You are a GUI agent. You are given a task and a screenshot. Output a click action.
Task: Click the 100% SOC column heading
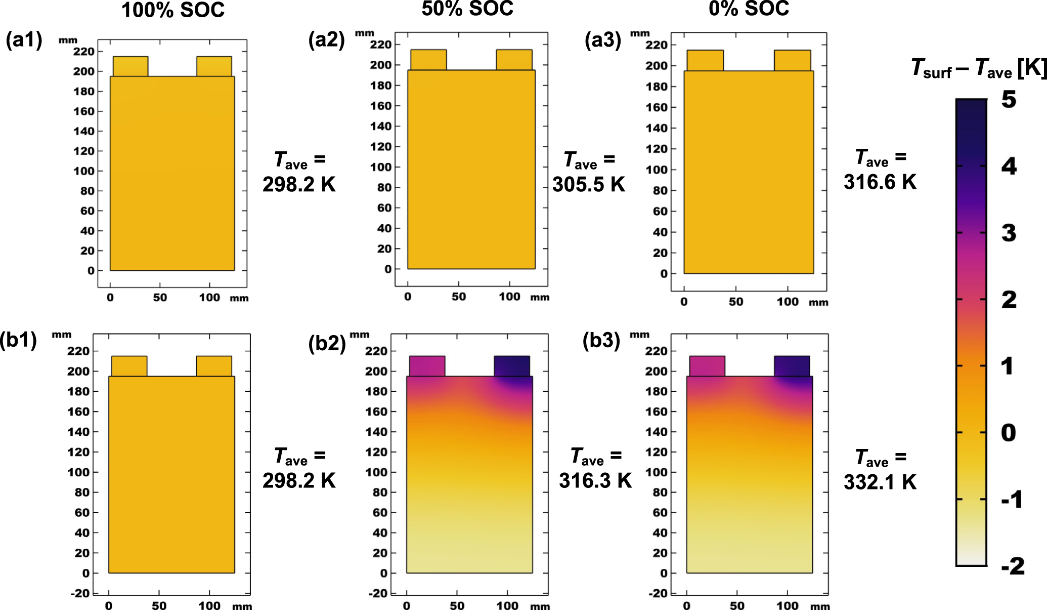173,10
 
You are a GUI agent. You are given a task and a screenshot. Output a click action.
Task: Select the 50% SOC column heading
467,9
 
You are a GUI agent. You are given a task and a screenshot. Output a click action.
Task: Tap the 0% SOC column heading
749,9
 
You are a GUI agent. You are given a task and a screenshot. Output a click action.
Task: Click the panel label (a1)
24,39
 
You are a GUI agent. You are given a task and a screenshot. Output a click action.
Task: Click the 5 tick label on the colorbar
1009,100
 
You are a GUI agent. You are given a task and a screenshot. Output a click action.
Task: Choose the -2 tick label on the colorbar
1013,566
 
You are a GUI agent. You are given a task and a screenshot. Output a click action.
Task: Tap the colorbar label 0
1008,433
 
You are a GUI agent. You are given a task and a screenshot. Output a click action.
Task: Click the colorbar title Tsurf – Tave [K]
978,68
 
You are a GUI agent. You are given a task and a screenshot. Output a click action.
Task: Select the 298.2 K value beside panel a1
299,184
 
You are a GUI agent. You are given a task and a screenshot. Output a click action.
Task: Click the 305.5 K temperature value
589,184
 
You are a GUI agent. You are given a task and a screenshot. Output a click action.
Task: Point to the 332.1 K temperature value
880,481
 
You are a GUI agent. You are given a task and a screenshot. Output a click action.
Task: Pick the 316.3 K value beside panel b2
595,480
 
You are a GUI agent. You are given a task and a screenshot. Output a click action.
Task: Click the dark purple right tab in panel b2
512,366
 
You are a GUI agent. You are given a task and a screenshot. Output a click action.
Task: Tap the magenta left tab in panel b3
707,366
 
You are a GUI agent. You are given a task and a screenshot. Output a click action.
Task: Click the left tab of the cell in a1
130,66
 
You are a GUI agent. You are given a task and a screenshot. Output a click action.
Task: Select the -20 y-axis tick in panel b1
80,593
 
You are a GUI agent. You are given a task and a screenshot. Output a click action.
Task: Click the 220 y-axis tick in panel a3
657,45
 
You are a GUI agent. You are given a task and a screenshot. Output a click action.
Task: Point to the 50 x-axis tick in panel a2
459,297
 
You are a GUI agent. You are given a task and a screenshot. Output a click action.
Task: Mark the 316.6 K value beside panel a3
880,182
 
